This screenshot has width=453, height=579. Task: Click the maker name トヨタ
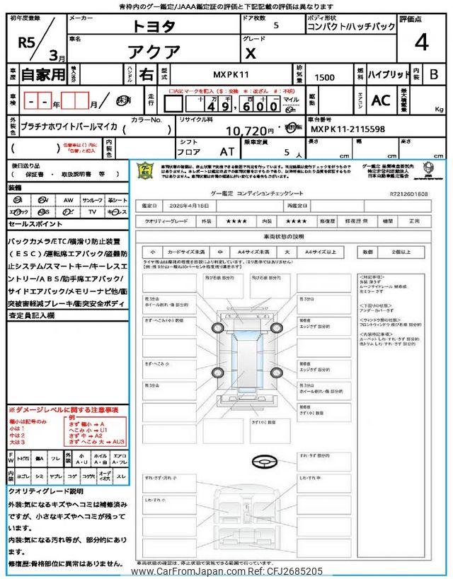[x=156, y=26]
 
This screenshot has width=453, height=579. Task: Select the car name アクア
[x=156, y=52]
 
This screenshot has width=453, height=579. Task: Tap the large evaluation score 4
[x=421, y=42]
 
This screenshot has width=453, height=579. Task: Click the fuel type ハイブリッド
[x=388, y=74]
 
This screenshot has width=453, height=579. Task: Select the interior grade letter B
[x=433, y=74]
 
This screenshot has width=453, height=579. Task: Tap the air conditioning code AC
[x=381, y=101]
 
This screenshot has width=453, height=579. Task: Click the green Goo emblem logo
[x=145, y=172]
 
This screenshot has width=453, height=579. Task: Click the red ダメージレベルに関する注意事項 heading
[x=63, y=410]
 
